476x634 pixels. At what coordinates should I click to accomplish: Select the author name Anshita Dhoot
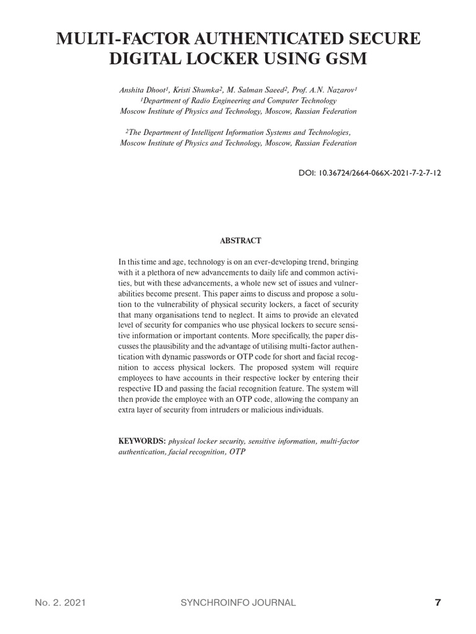pos(142,90)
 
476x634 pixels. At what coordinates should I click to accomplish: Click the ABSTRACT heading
pos(238,240)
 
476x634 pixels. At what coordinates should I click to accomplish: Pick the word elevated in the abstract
pos(342,316)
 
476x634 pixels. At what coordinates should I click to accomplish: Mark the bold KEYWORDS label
pos(142,441)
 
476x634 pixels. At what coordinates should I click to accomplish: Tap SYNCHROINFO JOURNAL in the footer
pos(237,602)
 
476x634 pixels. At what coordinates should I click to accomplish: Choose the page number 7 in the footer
pos(438,602)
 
